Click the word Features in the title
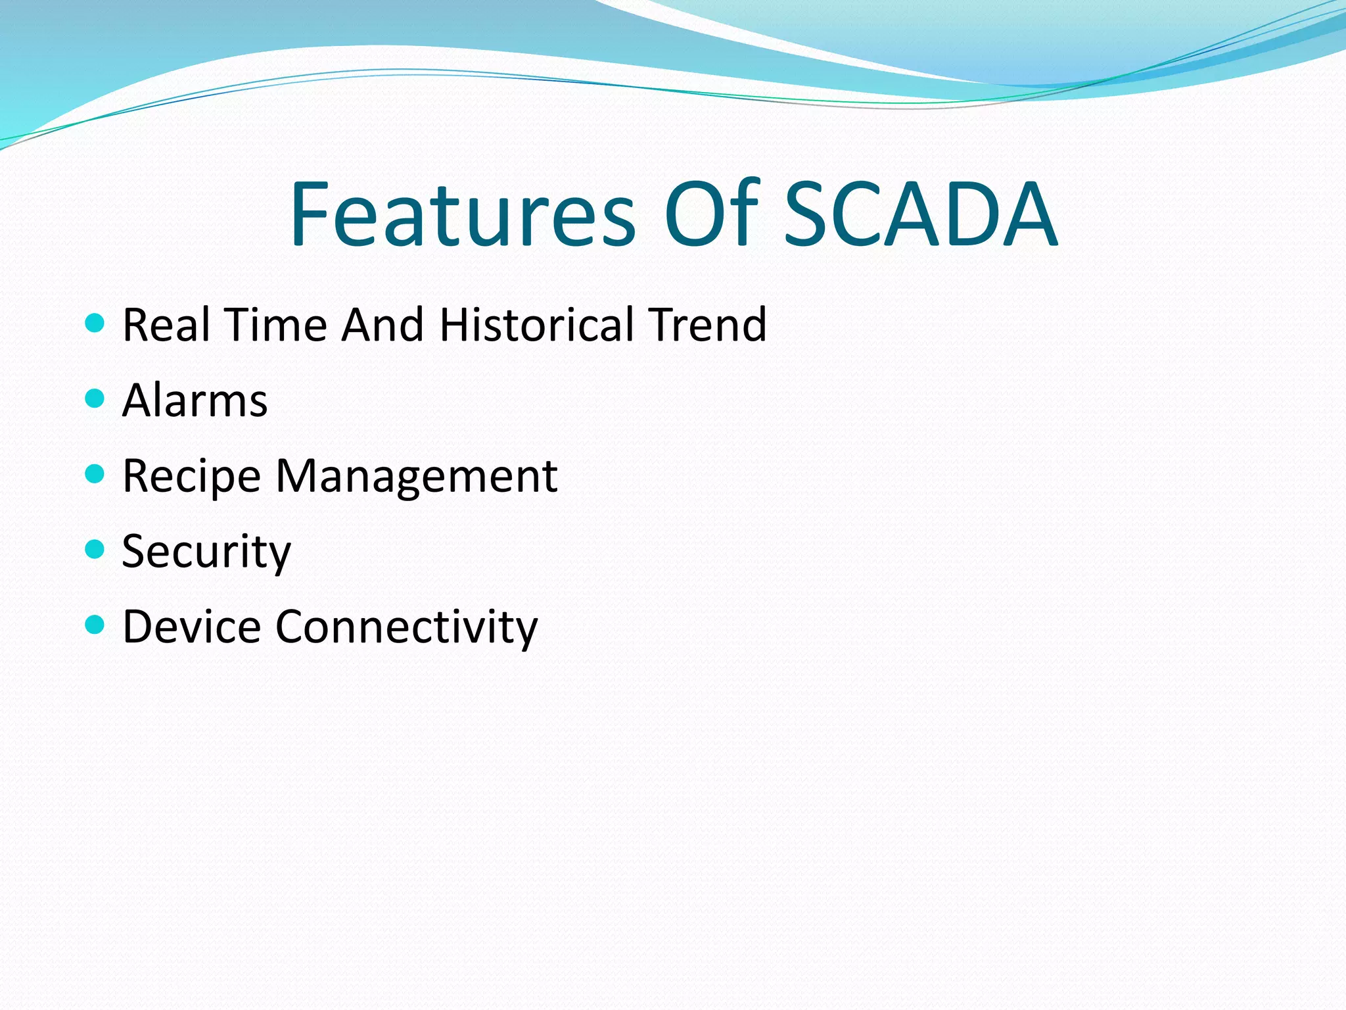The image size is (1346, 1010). pyautogui.click(x=463, y=214)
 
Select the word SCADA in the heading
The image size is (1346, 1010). pyautogui.click(x=921, y=214)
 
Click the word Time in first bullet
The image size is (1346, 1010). pyautogui.click(x=275, y=325)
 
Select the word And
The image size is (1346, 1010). pyautogui.click(x=383, y=325)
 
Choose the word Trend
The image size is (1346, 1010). pyautogui.click(x=707, y=325)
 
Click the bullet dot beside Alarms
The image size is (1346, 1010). pyautogui.click(x=95, y=398)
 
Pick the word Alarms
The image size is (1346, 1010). pyautogui.click(x=195, y=400)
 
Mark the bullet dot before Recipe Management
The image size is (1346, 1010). pyautogui.click(x=95, y=473)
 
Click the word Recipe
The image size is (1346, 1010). pyautogui.click(x=192, y=476)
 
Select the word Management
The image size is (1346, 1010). pyautogui.click(x=416, y=476)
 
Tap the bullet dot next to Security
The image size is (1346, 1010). pyautogui.click(x=95, y=549)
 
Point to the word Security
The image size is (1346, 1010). pyautogui.click(x=206, y=552)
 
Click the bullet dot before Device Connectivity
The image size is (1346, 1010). pyautogui.click(x=95, y=624)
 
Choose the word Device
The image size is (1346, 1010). pyautogui.click(x=192, y=627)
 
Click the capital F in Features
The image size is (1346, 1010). pyautogui.click(x=309, y=214)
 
